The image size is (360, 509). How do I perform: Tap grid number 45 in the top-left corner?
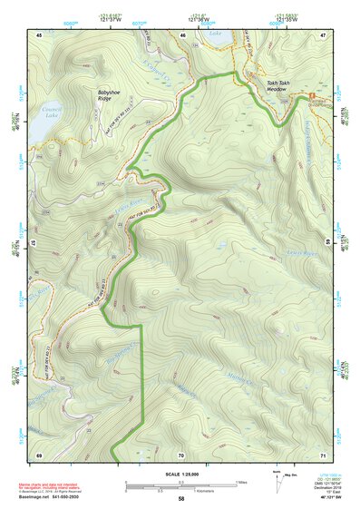coord(39,34)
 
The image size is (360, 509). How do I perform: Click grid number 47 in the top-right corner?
coord(322,34)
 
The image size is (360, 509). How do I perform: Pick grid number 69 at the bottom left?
coord(39,454)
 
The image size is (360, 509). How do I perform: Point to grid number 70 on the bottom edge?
coord(180,454)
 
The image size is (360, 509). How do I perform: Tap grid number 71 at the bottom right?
coord(322,454)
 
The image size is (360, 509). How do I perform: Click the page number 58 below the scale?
coord(180,498)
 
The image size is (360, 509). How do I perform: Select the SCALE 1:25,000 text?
coord(181,474)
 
